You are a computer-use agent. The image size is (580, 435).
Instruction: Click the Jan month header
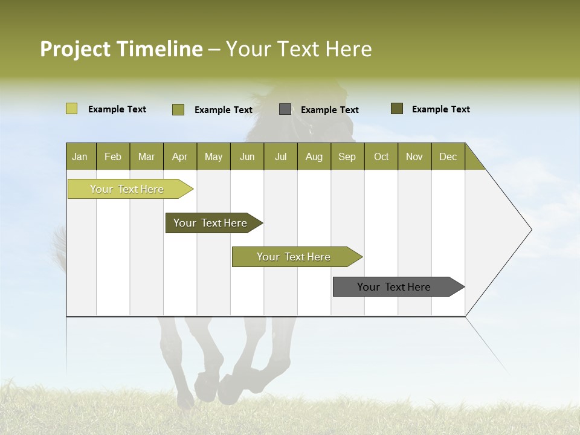pyautogui.click(x=80, y=156)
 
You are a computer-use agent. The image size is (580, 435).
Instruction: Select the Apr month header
pyautogui.click(x=179, y=156)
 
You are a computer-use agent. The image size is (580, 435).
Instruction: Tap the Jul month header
pyautogui.click(x=280, y=156)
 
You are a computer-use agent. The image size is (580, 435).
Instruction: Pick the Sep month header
pyautogui.click(x=347, y=156)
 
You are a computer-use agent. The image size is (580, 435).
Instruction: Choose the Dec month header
pyautogui.click(x=448, y=156)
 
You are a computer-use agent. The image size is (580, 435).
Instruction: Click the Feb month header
pyautogui.click(x=113, y=156)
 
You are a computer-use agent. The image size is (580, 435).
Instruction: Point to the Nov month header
pyautogui.click(x=414, y=156)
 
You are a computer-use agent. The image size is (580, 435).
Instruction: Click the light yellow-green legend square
pyautogui.click(x=71, y=109)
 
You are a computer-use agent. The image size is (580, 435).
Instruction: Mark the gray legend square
pyautogui.click(x=285, y=109)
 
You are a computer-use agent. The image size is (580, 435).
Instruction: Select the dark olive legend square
pyautogui.click(x=396, y=109)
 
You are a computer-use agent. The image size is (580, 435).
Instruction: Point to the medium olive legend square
pyautogui.click(x=178, y=109)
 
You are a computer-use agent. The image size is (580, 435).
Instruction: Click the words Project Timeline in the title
pyautogui.click(x=121, y=49)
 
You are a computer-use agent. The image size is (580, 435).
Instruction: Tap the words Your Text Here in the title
pyautogui.click(x=298, y=49)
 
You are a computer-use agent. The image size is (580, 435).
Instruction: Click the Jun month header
pyautogui.click(x=246, y=156)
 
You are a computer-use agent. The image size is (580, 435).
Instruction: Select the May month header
pyautogui.click(x=213, y=156)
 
